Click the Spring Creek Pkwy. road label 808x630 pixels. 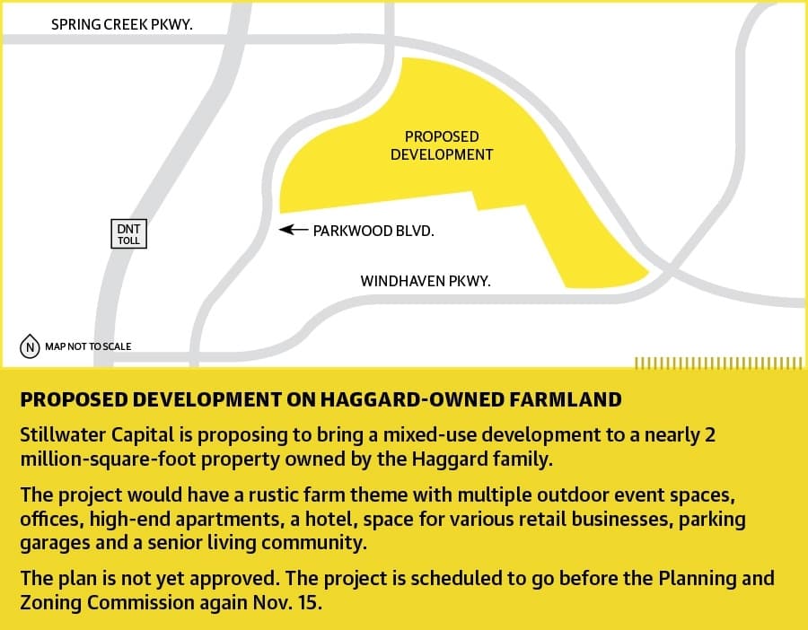click(121, 24)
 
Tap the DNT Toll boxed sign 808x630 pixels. click(128, 234)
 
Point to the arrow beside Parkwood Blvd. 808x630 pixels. click(294, 229)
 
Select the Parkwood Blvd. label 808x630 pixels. click(373, 231)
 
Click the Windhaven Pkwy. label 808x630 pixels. click(426, 281)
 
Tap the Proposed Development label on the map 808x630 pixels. click(442, 145)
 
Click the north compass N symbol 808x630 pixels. click(30, 346)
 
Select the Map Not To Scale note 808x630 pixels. click(88, 346)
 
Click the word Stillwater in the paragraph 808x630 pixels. click(64, 434)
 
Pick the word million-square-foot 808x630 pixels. click(108, 459)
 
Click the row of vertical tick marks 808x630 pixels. click(719, 363)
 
